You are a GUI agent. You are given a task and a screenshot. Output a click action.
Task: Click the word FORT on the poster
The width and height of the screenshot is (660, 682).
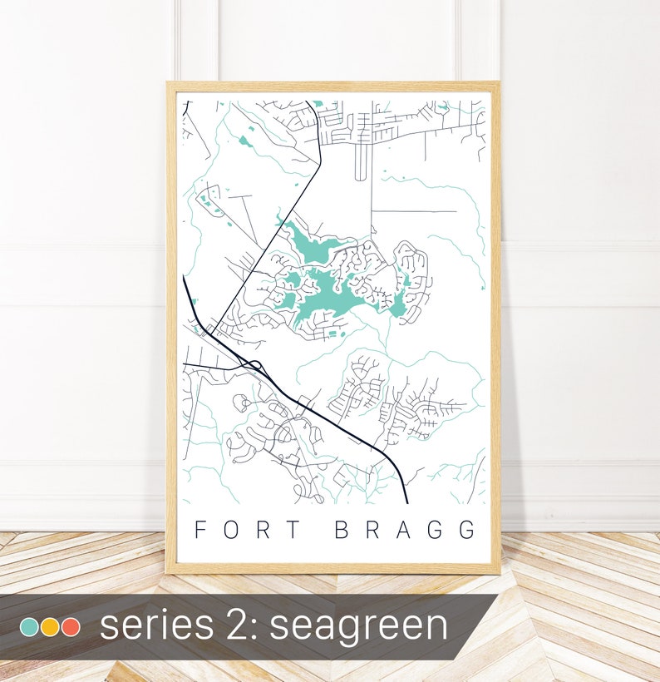(x=241, y=530)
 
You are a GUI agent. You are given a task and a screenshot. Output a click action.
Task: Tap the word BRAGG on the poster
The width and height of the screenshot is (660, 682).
(x=406, y=530)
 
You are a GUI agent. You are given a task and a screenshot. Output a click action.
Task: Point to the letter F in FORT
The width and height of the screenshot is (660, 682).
(x=199, y=530)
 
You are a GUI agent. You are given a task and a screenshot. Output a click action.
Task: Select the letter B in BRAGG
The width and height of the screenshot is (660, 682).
(x=342, y=530)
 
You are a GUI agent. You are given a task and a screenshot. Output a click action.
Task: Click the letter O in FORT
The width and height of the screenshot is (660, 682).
(x=227, y=530)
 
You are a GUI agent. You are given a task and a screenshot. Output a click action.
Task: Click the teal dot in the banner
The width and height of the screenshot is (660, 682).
(x=28, y=626)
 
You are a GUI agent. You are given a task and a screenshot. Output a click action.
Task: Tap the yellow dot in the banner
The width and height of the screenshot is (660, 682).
(x=50, y=626)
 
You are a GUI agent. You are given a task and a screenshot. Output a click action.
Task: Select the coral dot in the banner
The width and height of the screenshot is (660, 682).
(x=71, y=626)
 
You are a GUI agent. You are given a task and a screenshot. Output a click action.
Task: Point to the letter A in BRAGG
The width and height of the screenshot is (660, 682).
(x=406, y=530)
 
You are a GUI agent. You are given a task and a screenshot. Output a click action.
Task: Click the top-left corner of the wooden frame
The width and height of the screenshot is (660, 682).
(x=169, y=83)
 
